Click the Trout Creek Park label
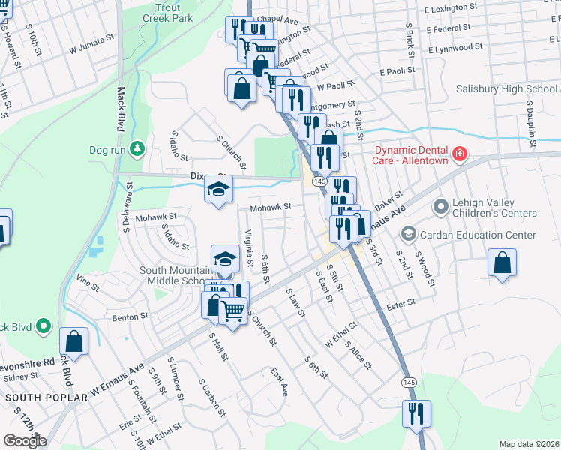(167, 12)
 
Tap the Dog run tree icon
(136, 150)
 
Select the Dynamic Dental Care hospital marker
(457, 156)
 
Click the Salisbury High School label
(507, 89)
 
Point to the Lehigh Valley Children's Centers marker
(439, 205)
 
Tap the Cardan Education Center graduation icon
(408, 235)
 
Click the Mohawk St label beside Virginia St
(270, 208)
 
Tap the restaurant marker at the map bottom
(415, 412)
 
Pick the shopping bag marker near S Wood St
(502, 264)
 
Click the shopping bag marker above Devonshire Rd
(74, 341)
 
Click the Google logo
(25, 440)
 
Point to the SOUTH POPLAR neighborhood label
(37, 396)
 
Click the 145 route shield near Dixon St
(319, 181)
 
